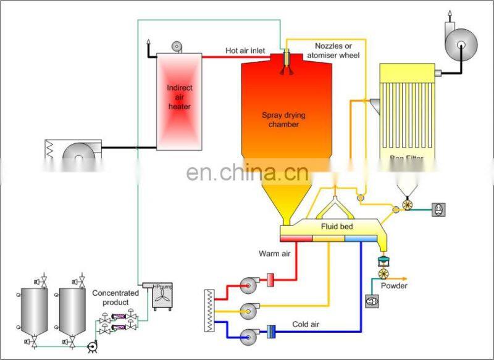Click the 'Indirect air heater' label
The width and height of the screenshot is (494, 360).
click(179, 97)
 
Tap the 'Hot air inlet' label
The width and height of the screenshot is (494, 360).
click(245, 50)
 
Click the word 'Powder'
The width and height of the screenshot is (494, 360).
click(394, 285)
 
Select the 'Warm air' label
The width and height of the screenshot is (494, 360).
click(274, 253)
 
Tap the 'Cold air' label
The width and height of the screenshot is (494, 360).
click(307, 323)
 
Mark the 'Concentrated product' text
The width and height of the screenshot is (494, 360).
click(111, 298)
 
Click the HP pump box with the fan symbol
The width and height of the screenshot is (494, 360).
click(162, 296)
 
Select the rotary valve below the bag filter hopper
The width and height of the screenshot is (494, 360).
click(406, 204)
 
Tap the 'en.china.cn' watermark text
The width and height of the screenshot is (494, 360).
click(247, 172)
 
